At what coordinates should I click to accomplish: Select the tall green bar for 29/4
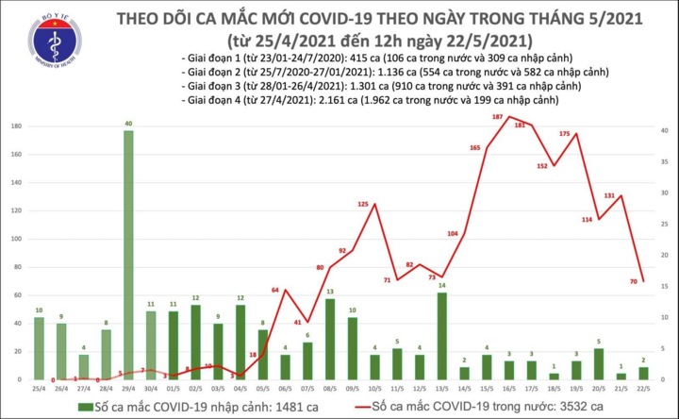128,255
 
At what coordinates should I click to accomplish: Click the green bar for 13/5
441,336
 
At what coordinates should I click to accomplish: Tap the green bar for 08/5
329,340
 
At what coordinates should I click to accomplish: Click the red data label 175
565,134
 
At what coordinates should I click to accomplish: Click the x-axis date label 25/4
38,388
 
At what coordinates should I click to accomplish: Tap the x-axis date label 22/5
642,388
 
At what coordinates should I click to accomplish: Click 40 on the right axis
666,126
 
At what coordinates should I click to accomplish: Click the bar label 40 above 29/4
128,123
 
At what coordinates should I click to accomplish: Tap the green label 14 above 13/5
441,285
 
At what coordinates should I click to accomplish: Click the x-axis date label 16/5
508,388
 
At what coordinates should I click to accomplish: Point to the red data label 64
274,290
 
